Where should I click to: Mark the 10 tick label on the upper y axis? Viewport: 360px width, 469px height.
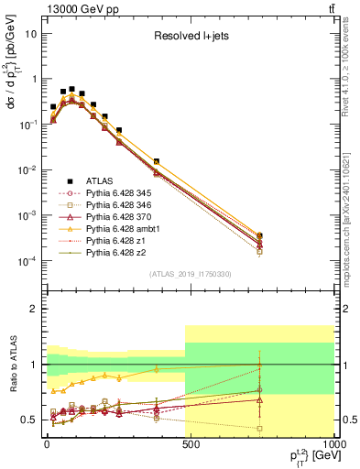[x=29, y=33]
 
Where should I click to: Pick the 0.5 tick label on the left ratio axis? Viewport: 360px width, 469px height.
[x=27, y=420]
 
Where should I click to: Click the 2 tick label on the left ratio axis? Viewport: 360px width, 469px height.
[x=33, y=309]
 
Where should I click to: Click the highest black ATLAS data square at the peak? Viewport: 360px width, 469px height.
[x=71, y=90]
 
